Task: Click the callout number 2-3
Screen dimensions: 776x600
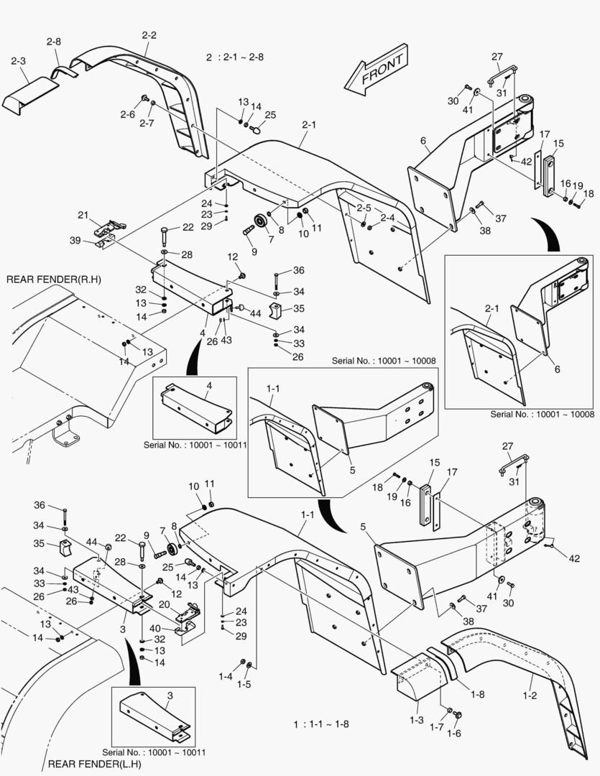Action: click(19, 63)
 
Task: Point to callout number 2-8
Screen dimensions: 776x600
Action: click(54, 42)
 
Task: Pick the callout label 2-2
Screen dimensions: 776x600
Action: click(149, 34)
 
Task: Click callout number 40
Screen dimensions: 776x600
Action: click(155, 628)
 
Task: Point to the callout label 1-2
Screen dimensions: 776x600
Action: click(530, 696)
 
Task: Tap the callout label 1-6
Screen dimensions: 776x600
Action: click(453, 734)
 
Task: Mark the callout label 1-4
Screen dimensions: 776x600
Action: click(226, 677)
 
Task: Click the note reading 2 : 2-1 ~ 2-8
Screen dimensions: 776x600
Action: click(234, 57)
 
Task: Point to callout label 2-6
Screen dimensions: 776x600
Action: click(127, 114)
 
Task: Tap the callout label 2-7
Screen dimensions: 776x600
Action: click(146, 124)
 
